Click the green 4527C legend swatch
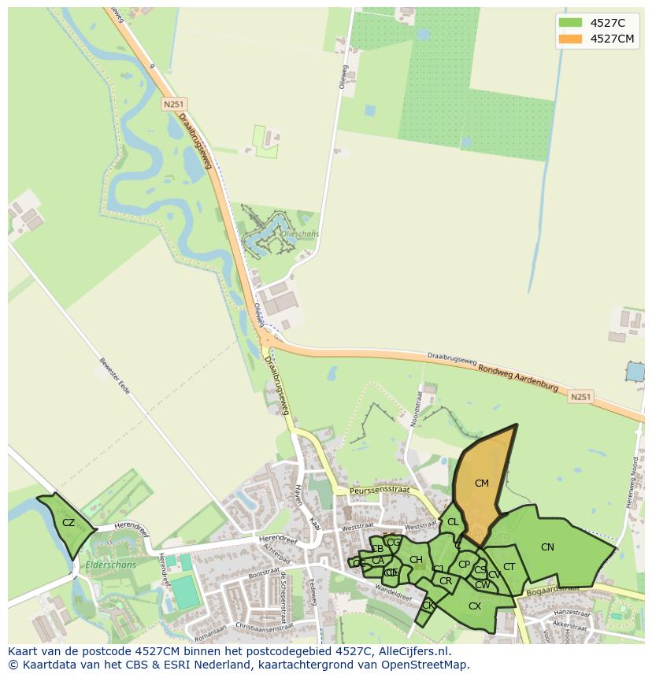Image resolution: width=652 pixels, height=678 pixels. click(x=570, y=22)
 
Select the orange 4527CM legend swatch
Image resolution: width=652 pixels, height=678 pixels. click(x=570, y=39)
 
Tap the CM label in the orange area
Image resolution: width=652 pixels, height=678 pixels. click(x=482, y=483)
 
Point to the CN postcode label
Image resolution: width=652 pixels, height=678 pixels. click(x=547, y=547)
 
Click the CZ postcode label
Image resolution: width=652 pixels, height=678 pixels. click(x=69, y=523)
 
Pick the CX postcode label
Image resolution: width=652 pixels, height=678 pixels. click(x=475, y=606)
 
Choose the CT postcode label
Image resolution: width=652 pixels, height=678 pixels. click(x=509, y=567)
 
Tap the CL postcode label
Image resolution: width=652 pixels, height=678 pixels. click(x=453, y=522)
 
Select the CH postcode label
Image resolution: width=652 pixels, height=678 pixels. click(x=416, y=560)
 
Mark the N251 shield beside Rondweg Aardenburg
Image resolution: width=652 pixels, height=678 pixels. click(x=580, y=397)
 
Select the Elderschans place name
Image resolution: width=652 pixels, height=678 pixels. click(x=111, y=565)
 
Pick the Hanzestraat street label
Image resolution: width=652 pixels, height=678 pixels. click(x=572, y=612)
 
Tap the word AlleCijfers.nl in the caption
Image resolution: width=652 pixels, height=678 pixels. click(x=408, y=651)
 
